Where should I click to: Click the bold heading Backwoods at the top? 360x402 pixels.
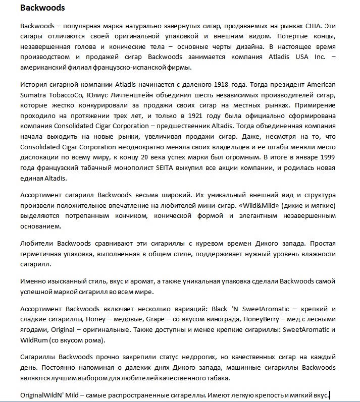pos(42,8)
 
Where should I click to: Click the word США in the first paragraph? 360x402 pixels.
pos(313,26)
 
